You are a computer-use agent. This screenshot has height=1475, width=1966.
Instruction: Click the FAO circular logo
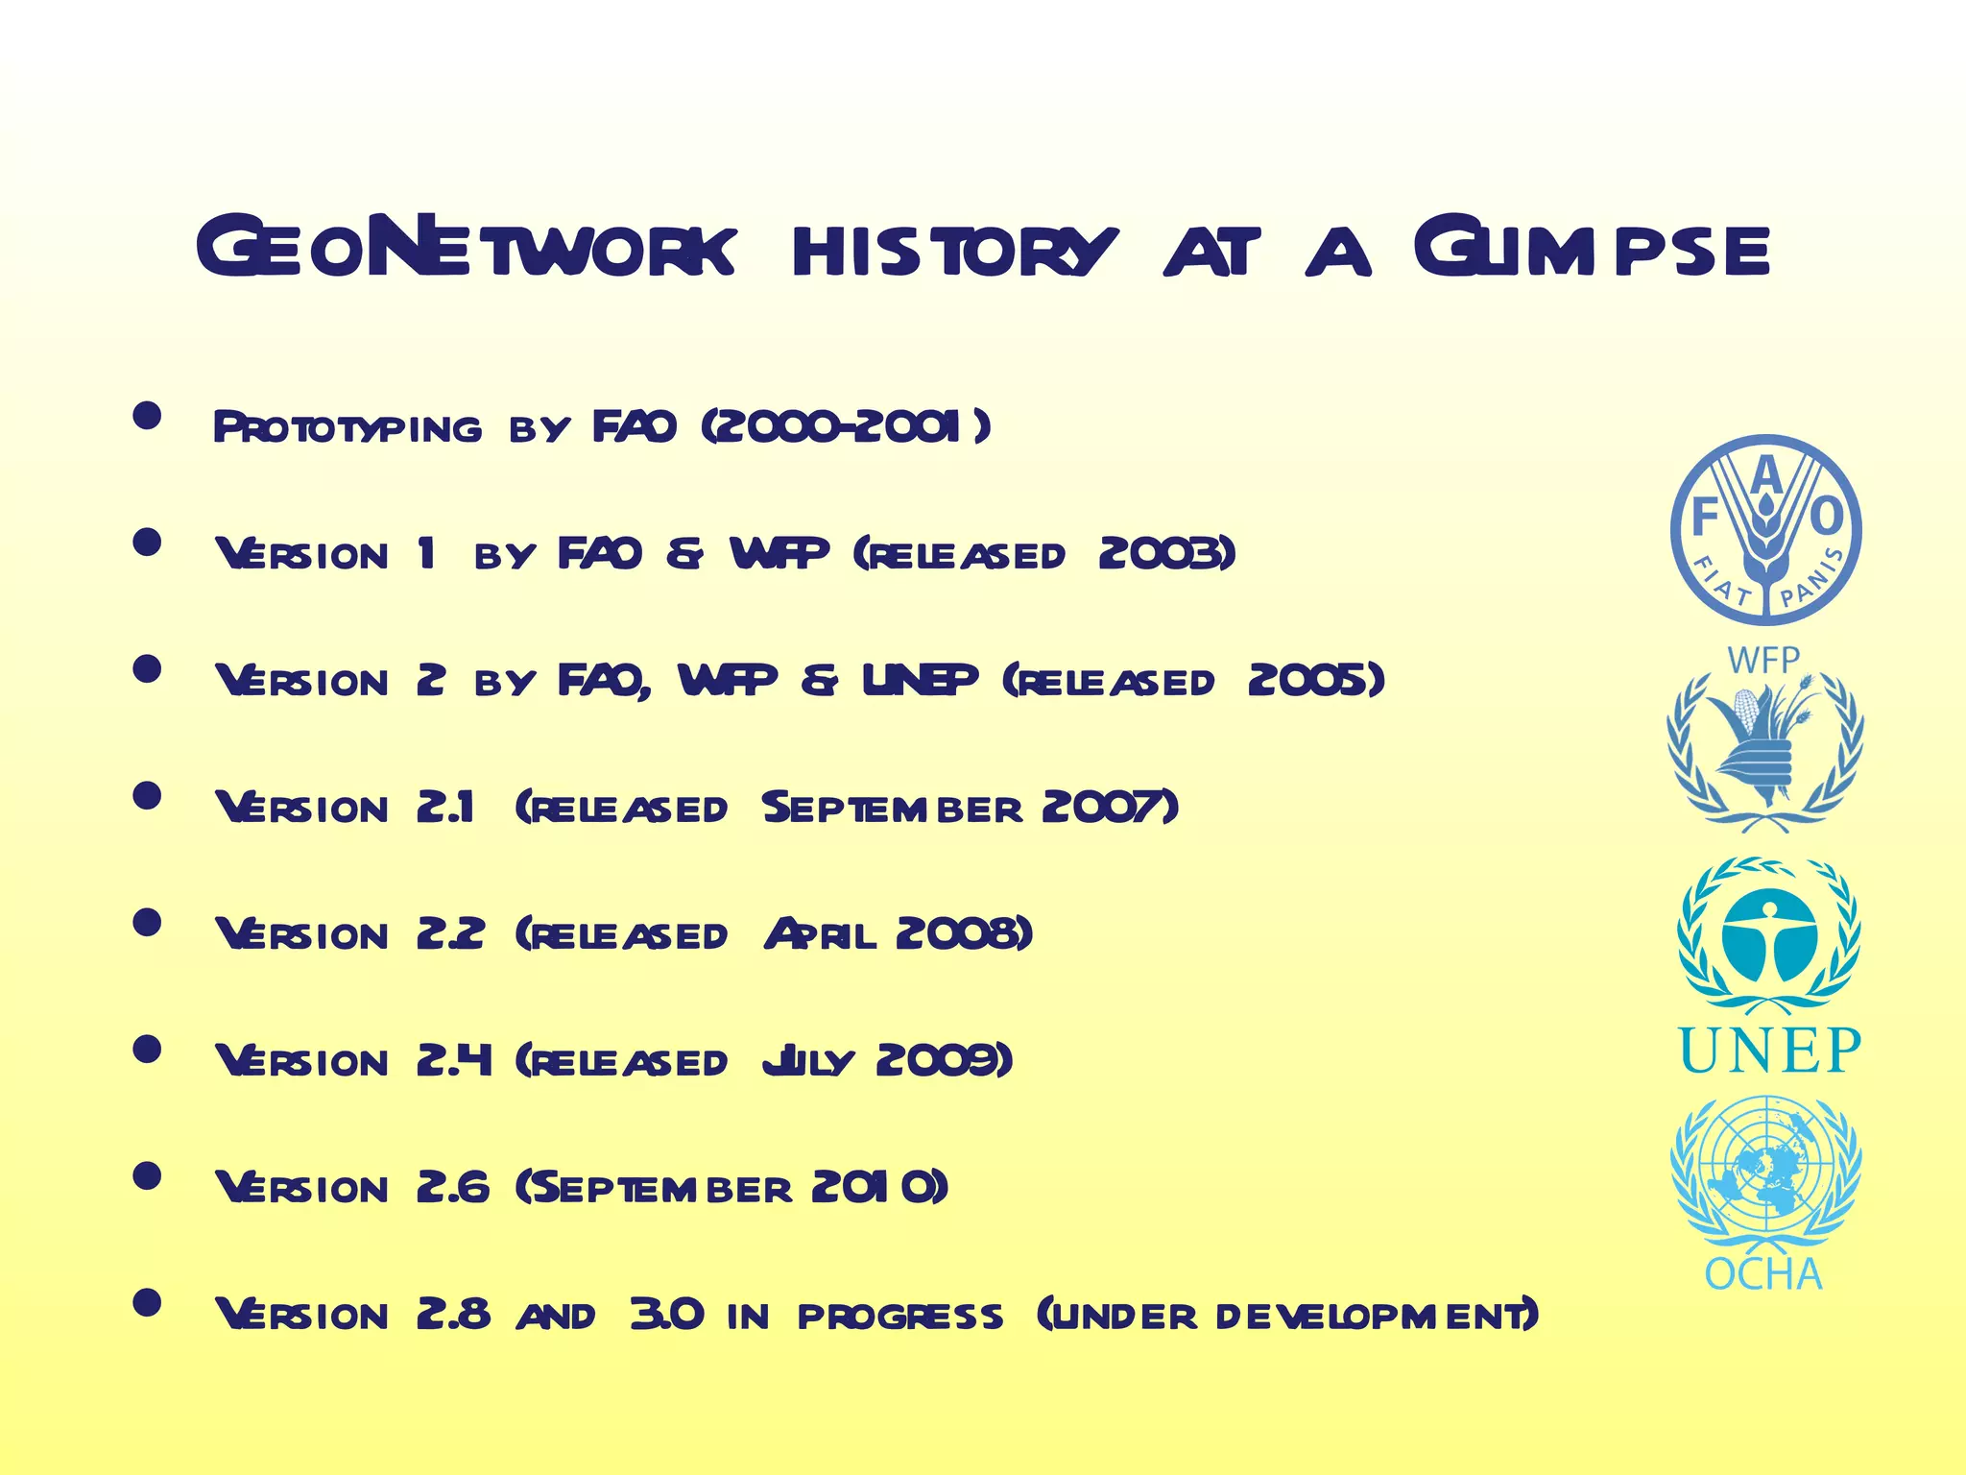click(1765, 529)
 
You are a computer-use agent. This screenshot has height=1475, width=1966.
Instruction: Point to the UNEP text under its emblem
click(1769, 1051)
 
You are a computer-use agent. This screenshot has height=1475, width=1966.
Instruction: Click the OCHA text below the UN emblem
click(1762, 1274)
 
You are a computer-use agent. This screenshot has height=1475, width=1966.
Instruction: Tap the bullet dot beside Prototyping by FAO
click(147, 416)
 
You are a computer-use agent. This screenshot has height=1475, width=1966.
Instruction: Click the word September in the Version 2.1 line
click(892, 809)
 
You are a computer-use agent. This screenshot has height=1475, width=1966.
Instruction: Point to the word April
click(820, 934)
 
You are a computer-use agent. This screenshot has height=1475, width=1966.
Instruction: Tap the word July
click(807, 1062)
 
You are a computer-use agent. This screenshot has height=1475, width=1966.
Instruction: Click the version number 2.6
click(452, 1188)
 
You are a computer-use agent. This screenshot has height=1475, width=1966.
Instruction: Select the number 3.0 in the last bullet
click(666, 1315)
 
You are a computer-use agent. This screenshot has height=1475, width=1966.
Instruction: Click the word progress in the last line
click(899, 1317)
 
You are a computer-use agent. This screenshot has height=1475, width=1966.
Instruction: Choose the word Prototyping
click(347, 428)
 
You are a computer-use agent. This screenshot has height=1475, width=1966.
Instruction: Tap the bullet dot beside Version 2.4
click(147, 1049)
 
